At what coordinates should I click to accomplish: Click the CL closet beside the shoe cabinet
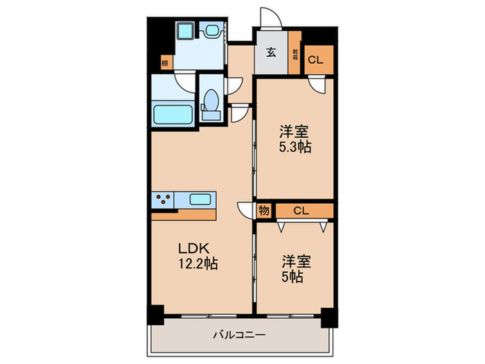point(315,59)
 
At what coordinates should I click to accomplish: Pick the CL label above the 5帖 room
point(301,211)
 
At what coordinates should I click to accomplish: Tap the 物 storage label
point(265,211)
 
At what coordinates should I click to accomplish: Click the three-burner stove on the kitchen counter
point(164,200)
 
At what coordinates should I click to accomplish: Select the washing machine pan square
point(185,32)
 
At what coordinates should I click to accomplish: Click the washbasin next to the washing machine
point(210,31)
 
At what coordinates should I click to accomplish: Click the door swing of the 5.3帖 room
point(317,85)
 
